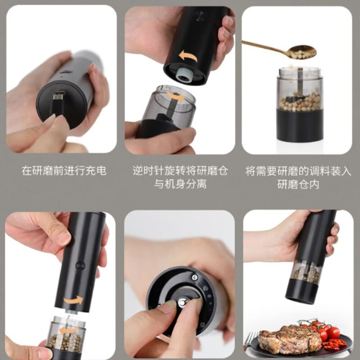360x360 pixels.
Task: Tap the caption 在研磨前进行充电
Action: [64, 171]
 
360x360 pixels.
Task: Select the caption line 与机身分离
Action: [180, 184]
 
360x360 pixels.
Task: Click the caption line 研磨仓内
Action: [297, 184]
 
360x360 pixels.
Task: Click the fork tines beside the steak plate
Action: [251, 338]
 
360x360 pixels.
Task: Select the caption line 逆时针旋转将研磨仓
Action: [180, 171]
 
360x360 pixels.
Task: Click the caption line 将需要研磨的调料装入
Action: [297, 171]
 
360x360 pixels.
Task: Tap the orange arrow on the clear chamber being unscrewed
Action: [174, 95]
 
